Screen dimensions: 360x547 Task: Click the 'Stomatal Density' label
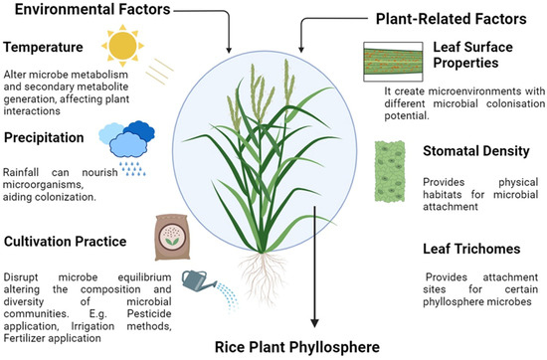click(x=471, y=154)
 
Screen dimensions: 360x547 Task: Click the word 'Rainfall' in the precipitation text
click(x=22, y=169)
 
